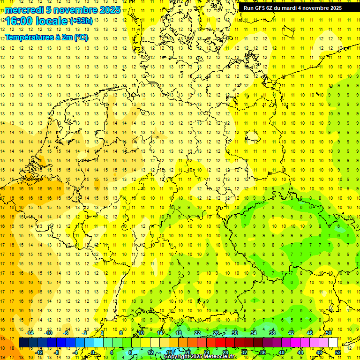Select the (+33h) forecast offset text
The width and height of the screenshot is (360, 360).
(x=81, y=21)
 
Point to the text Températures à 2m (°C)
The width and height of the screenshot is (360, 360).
(x=46, y=37)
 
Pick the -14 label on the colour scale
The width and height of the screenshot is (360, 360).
(x=30, y=333)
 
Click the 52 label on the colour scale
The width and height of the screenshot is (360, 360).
(x=338, y=352)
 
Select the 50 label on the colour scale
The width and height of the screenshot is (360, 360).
(x=329, y=333)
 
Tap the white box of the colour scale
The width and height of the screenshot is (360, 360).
(x=333, y=343)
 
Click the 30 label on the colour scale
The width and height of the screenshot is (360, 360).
(x=235, y=333)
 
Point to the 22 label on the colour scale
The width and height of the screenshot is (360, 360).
(x=197, y=333)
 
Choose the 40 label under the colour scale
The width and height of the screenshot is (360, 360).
(x=281, y=352)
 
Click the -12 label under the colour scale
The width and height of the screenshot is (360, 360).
(x=39, y=352)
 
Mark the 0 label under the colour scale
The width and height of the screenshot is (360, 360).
(x=93, y=352)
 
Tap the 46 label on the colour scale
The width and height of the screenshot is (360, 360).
(x=310, y=333)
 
